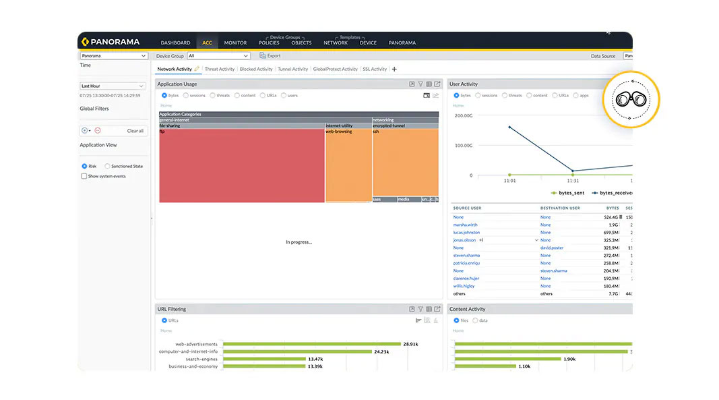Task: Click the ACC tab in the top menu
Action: (x=207, y=42)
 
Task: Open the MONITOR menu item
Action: (x=235, y=42)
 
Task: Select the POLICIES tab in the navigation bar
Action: (x=269, y=42)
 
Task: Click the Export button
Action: (x=270, y=56)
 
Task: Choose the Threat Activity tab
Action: (x=220, y=69)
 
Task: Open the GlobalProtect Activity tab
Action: (x=335, y=69)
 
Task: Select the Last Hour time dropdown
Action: (x=113, y=86)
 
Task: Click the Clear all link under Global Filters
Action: (x=135, y=131)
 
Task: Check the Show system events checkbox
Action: (x=84, y=176)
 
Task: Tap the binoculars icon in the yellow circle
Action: (x=631, y=99)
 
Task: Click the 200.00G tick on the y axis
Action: (x=463, y=115)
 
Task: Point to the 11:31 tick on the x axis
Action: (x=573, y=181)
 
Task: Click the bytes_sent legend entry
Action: (x=568, y=193)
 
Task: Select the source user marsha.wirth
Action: (x=466, y=225)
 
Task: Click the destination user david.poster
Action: (x=551, y=248)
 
